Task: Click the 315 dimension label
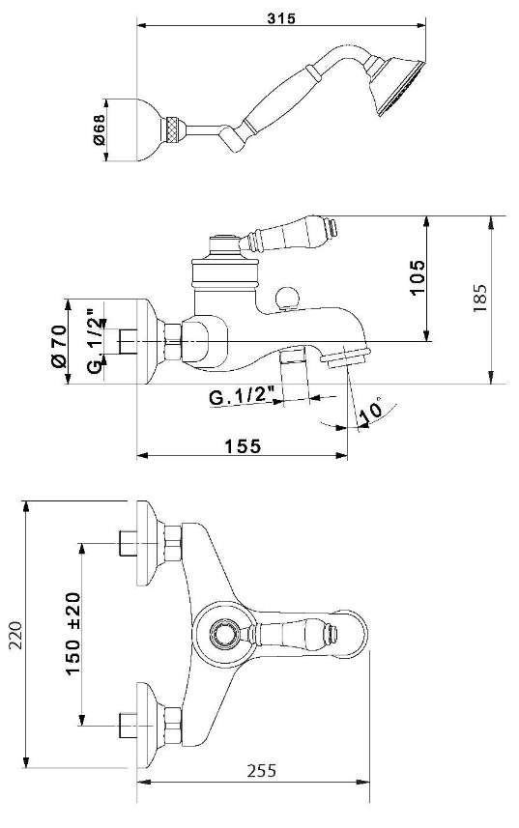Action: tap(281, 18)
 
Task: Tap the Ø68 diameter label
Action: tap(99, 129)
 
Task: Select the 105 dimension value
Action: tap(417, 277)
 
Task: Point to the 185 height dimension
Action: tap(479, 298)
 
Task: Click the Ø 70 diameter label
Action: tap(59, 347)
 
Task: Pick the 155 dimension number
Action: tap(244, 446)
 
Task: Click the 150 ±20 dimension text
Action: tap(72, 633)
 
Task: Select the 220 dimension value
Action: tap(14, 635)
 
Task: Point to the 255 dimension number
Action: tap(261, 770)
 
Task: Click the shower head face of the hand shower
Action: tap(402, 88)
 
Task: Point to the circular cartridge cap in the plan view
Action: tap(223, 633)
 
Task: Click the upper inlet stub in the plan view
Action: tap(128, 543)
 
